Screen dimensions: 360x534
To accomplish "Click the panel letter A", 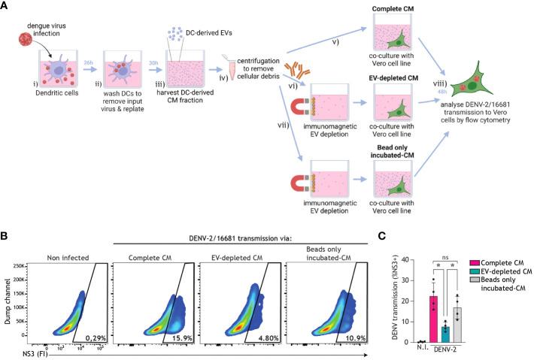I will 6,6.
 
